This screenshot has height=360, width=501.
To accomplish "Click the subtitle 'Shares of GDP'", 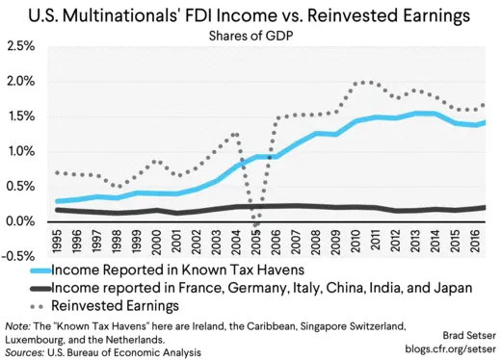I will [x=250, y=37].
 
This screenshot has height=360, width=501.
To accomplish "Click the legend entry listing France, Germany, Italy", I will [x=260, y=287].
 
